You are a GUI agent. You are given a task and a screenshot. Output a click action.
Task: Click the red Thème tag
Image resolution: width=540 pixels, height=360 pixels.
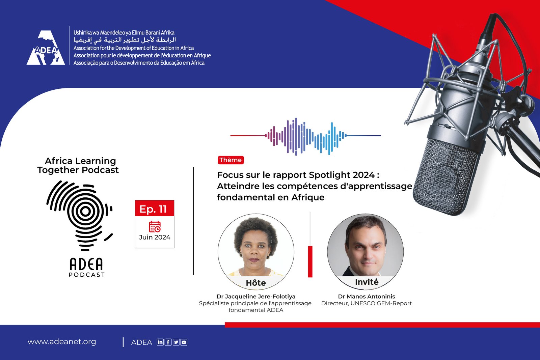point(231,160)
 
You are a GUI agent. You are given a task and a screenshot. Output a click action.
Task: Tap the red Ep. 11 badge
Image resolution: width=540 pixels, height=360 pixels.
point(155,208)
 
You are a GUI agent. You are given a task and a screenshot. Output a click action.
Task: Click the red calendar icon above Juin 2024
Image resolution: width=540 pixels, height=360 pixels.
point(155,226)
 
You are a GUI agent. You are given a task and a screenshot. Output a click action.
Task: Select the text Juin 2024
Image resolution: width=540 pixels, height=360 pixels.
point(155,237)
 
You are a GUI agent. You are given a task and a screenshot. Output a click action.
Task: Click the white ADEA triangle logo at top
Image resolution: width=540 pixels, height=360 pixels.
point(46,48)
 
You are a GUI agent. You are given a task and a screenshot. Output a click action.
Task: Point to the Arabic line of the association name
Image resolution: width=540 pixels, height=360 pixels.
point(125,39)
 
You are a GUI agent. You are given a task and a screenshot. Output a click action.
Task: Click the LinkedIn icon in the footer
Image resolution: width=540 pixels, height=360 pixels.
point(160,342)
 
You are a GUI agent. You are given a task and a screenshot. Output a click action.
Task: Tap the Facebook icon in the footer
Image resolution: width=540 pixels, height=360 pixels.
point(168,342)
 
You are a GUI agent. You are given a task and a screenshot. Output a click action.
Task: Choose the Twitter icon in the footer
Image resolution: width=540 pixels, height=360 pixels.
point(176,342)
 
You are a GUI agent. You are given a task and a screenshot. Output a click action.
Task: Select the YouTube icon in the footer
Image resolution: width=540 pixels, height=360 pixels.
point(184,342)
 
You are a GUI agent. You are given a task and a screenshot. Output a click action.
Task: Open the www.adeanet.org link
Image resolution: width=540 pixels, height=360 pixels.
point(62,342)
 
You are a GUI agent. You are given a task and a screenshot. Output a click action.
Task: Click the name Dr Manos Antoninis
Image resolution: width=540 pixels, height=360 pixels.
point(367,296)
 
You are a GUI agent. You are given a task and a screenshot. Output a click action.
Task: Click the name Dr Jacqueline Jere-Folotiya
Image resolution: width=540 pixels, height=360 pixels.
point(256,296)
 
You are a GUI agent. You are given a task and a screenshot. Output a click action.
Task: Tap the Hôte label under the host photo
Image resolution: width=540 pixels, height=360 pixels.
point(256,283)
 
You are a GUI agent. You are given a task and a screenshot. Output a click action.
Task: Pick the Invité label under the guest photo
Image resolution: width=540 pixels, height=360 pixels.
point(367,282)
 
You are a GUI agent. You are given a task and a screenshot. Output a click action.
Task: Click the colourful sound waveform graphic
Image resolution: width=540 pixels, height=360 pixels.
point(306,136)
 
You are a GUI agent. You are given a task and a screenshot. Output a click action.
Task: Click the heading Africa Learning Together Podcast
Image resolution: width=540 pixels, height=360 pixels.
point(78,165)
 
